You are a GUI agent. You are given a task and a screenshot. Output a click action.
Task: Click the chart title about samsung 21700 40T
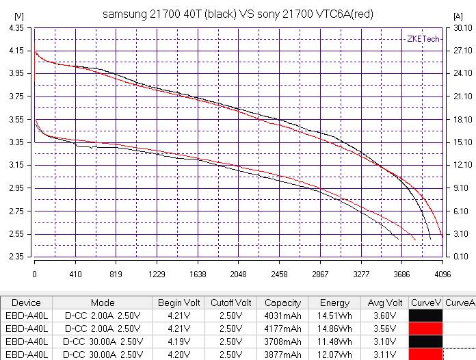[238, 14]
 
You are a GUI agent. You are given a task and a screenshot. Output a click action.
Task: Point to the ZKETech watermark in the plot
[423, 39]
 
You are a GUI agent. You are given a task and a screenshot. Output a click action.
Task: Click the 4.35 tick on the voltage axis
[16, 28]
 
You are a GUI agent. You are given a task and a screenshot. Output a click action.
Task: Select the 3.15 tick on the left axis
[16, 165]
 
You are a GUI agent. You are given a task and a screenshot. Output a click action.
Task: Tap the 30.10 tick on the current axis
[463, 28]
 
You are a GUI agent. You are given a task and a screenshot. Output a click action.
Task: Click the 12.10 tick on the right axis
[463, 165]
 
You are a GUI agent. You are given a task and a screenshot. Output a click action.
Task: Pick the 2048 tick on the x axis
[238, 274]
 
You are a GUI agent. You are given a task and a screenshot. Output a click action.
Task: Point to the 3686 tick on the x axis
[401, 274]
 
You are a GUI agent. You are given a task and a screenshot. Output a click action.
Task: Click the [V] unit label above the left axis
[19, 16]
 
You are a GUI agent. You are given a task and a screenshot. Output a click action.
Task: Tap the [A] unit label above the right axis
[458, 16]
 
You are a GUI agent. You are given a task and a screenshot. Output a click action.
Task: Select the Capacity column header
[282, 303]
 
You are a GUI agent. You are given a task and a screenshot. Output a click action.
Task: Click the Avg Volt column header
[384, 303]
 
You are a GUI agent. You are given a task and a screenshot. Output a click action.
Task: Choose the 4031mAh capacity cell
[282, 316]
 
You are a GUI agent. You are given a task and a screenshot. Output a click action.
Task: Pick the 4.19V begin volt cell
[178, 342]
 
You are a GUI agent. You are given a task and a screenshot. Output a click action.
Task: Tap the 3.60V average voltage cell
[384, 316]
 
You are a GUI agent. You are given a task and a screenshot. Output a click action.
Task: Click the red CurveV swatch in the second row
[425, 329]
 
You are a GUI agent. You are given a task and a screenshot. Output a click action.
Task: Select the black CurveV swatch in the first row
[425, 316]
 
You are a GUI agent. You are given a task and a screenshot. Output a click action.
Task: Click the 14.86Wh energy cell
[334, 329]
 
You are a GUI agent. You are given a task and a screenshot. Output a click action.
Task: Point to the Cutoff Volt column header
[230, 303]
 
